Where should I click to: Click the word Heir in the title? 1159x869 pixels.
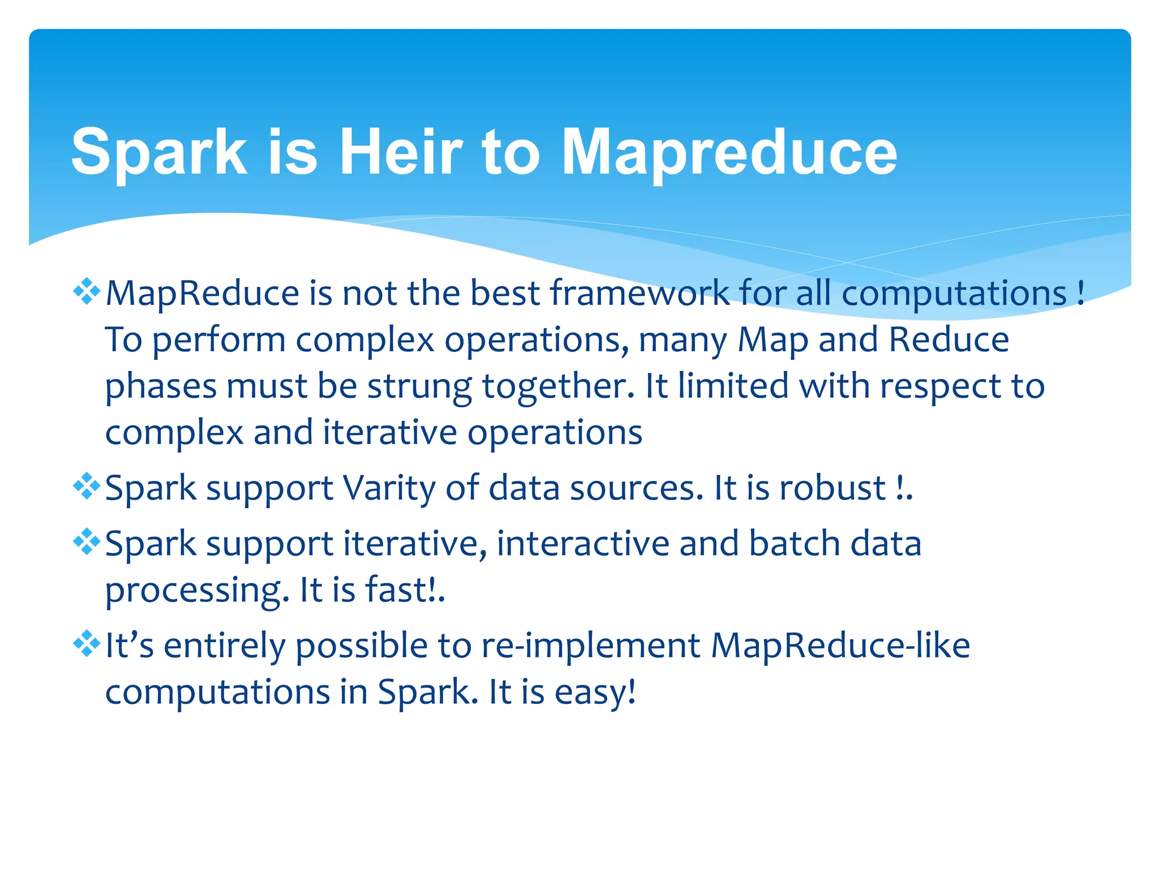click(401, 152)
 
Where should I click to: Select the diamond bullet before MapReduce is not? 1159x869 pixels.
click(87, 292)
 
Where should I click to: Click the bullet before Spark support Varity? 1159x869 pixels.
click(87, 487)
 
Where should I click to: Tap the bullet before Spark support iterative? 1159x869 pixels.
click(87, 542)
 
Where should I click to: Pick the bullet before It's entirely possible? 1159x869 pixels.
click(87, 644)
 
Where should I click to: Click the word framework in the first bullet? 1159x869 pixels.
click(639, 293)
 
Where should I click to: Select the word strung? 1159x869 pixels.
click(419, 387)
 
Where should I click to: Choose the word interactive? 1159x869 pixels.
click(583, 543)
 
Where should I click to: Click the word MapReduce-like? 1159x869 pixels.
click(840, 646)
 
